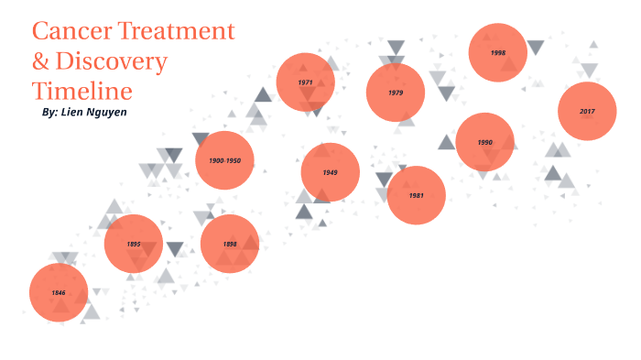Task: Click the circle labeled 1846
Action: tap(59, 292)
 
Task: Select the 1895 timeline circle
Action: tap(134, 244)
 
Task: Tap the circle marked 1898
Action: tap(230, 244)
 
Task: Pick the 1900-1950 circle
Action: tap(224, 160)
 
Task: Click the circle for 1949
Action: tap(330, 172)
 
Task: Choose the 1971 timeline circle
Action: tap(306, 82)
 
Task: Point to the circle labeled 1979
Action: tap(395, 93)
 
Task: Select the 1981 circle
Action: tap(416, 195)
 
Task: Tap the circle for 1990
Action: tap(484, 142)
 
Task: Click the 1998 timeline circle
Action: tap(497, 53)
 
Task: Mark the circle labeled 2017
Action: tap(587, 111)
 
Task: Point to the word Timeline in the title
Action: tap(82, 91)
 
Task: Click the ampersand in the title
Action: tap(42, 61)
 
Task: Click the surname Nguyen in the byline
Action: tap(108, 112)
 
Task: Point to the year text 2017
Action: tap(587, 111)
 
